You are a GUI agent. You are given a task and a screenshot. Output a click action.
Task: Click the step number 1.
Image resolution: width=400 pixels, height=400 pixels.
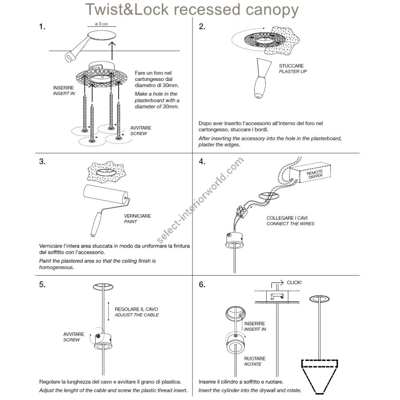point(42,27)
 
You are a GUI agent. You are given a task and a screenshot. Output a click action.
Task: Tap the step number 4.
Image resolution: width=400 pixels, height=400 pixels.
point(202,161)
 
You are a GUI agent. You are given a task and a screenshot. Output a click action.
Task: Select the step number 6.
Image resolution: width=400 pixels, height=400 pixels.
point(202,284)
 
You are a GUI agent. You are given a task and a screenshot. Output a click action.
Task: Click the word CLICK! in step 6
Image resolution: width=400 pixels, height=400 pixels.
point(294,282)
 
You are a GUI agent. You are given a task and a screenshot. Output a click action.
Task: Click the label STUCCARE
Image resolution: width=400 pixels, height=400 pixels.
point(291,66)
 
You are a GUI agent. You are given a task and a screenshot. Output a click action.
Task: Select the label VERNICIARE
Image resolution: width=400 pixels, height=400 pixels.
point(137,216)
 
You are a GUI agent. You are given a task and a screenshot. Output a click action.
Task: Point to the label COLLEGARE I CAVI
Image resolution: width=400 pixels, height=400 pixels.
point(287,218)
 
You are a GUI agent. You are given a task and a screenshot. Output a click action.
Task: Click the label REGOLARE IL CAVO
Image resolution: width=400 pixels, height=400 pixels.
point(136,309)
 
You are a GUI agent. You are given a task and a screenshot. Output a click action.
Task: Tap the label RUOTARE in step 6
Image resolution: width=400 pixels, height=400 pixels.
point(255,358)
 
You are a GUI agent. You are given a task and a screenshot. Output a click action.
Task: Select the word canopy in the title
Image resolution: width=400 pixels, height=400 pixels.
point(270,10)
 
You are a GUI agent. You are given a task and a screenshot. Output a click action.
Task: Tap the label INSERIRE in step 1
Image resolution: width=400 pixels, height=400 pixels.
point(63,88)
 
